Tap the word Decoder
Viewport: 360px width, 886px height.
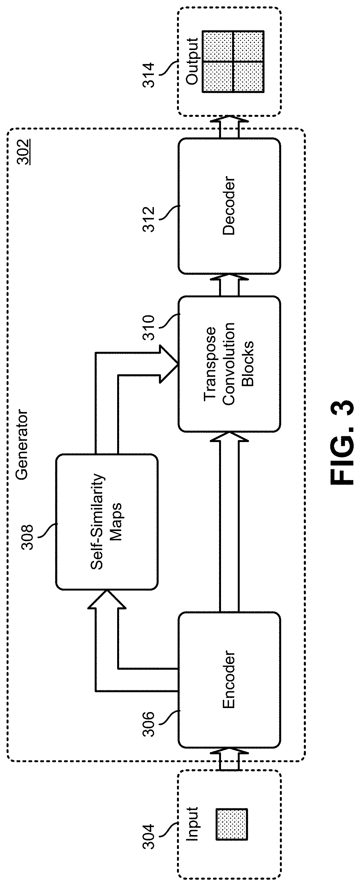click(x=229, y=206)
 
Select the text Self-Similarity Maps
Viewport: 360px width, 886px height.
click(x=106, y=522)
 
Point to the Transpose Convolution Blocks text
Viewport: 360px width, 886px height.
click(x=229, y=363)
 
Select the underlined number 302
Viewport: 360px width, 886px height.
click(x=24, y=152)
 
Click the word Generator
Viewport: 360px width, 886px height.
click(x=22, y=444)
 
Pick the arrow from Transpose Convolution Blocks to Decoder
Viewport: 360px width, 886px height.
click(x=229, y=285)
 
